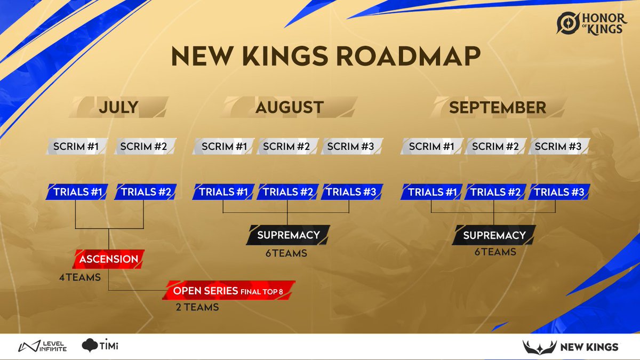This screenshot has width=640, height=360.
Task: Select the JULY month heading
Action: [118, 107]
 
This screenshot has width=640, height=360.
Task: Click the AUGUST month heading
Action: [289, 107]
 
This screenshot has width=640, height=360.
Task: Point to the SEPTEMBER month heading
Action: [497, 107]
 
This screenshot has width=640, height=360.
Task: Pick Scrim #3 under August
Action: [351, 146]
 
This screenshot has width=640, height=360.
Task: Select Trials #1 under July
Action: [78, 192]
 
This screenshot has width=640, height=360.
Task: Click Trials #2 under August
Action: [287, 192]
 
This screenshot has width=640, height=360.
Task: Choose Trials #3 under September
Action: [559, 192]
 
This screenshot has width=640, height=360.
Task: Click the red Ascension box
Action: [109, 259]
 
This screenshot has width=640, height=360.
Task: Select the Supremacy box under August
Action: [288, 235]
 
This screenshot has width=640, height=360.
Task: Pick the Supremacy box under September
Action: [494, 235]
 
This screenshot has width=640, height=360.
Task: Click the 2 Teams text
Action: [197, 307]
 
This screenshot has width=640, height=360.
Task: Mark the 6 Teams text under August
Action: [286, 253]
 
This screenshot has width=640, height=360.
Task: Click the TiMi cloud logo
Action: [100, 346]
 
